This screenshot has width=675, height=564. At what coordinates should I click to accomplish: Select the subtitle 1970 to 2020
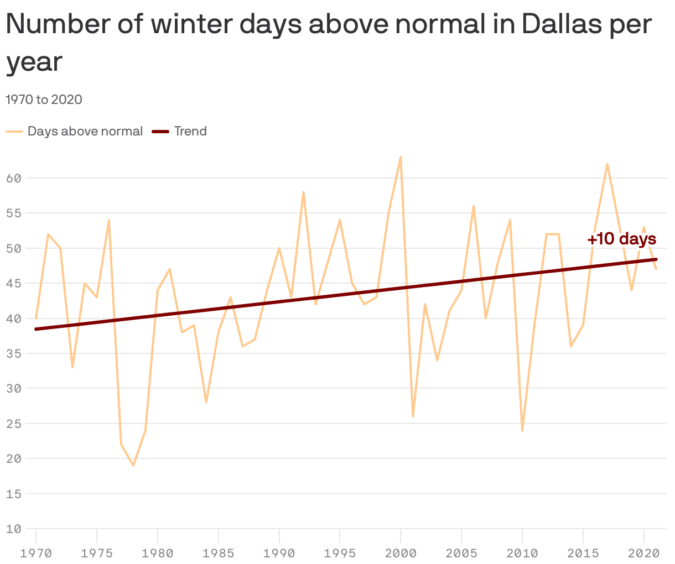tap(44, 100)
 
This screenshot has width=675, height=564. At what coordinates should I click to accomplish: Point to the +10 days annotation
tap(621, 239)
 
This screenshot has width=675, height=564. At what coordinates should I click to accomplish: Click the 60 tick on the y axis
tap(14, 178)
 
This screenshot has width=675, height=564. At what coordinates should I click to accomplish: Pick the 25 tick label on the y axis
tap(14, 424)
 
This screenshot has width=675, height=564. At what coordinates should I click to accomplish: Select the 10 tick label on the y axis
tap(14, 529)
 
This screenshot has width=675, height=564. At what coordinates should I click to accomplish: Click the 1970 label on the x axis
tap(36, 553)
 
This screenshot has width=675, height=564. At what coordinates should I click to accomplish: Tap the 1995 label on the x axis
tap(340, 553)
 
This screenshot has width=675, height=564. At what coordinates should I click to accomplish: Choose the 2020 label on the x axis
tap(643, 553)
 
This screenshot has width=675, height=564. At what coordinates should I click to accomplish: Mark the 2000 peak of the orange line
tap(401, 157)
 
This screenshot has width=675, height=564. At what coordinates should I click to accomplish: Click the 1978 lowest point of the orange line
tap(133, 466)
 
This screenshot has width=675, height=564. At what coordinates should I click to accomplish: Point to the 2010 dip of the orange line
tap(522, 430)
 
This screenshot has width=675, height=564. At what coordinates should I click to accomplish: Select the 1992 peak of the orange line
tap(303, 192)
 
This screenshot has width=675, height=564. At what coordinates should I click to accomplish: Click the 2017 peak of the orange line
tap(607, 164)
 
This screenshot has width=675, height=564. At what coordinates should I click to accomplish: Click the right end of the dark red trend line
tap(656, 259)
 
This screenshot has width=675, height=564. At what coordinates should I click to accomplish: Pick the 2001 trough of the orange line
tap(413, 416)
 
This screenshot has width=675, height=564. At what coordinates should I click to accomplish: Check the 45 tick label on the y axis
tap(14, 283)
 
